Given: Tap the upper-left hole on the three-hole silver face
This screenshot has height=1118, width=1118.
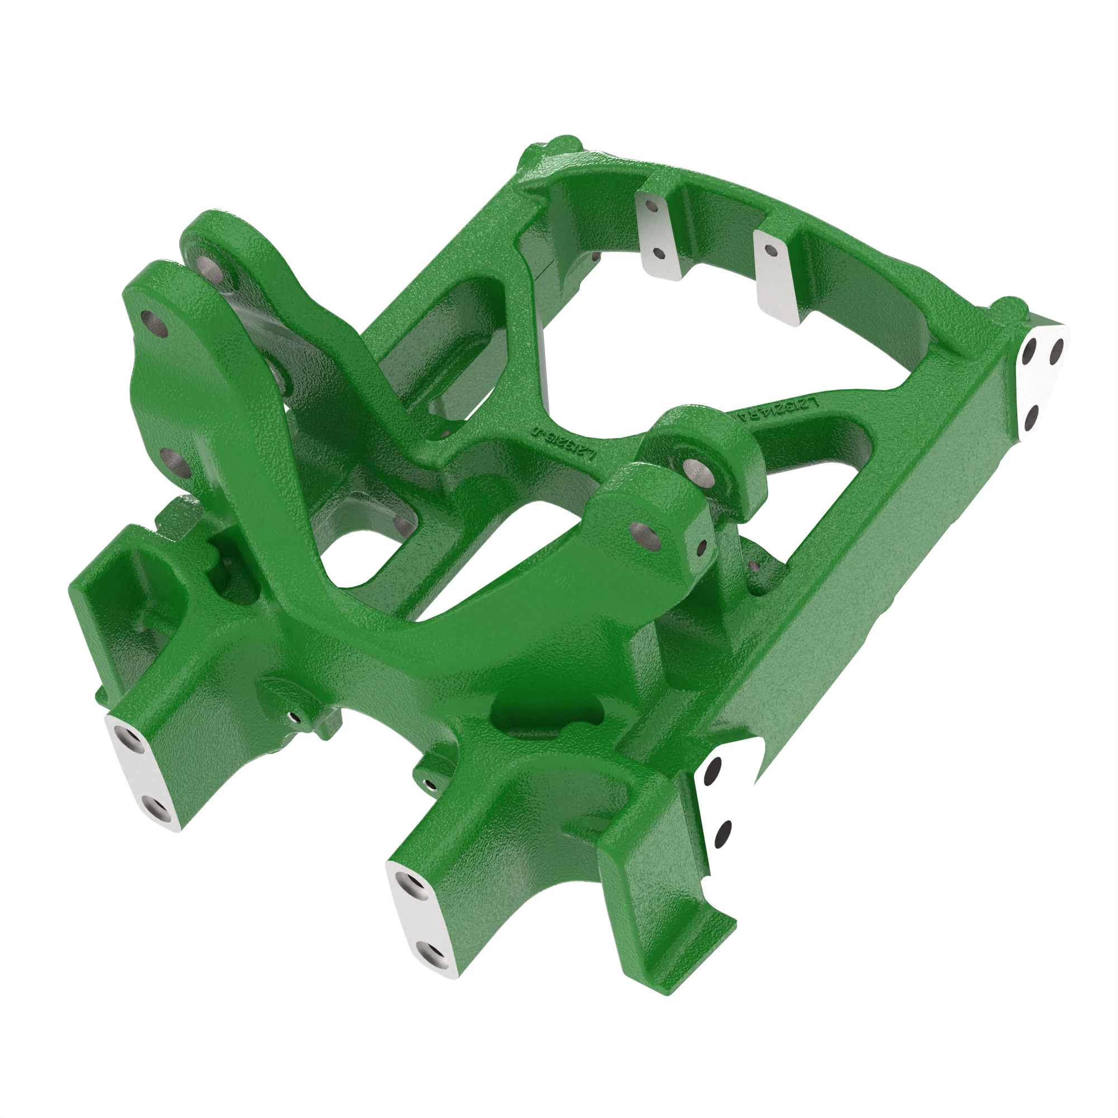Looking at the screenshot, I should pyautogui.click(x=1030, y=349).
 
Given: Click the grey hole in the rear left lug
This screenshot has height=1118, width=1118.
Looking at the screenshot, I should pyautogui.click(x=206, y=267).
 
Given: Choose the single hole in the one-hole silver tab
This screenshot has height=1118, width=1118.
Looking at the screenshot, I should pyautogui.click(x=770, y=250).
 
